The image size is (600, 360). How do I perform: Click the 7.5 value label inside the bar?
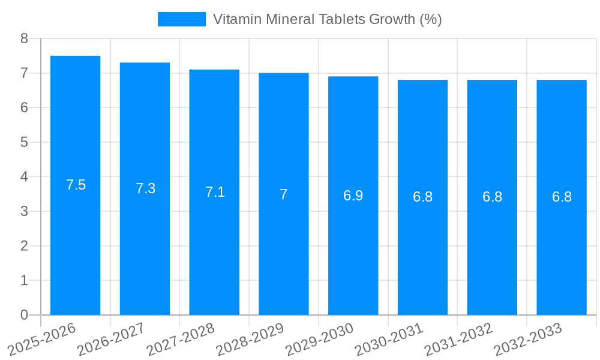pos(76,185)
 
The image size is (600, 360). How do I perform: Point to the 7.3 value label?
pos(145,188)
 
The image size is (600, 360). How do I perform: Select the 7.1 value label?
pos(215,192)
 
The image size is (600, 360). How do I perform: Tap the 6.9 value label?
pos(353,196)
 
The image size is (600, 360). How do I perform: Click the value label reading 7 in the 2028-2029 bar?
pos(284,194)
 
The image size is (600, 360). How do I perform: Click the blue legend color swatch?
pos(181,19)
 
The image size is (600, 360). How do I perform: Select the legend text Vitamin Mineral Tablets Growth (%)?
pos(327,19)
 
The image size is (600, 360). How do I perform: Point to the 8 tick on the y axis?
pos(24,38)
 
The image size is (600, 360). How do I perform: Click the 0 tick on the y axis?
pos(24,315)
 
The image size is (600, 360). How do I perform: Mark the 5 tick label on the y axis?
pos(24,142)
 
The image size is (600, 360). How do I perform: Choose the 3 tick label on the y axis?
pos(24,211)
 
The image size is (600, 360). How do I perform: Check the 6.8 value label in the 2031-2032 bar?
pos(492,197)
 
